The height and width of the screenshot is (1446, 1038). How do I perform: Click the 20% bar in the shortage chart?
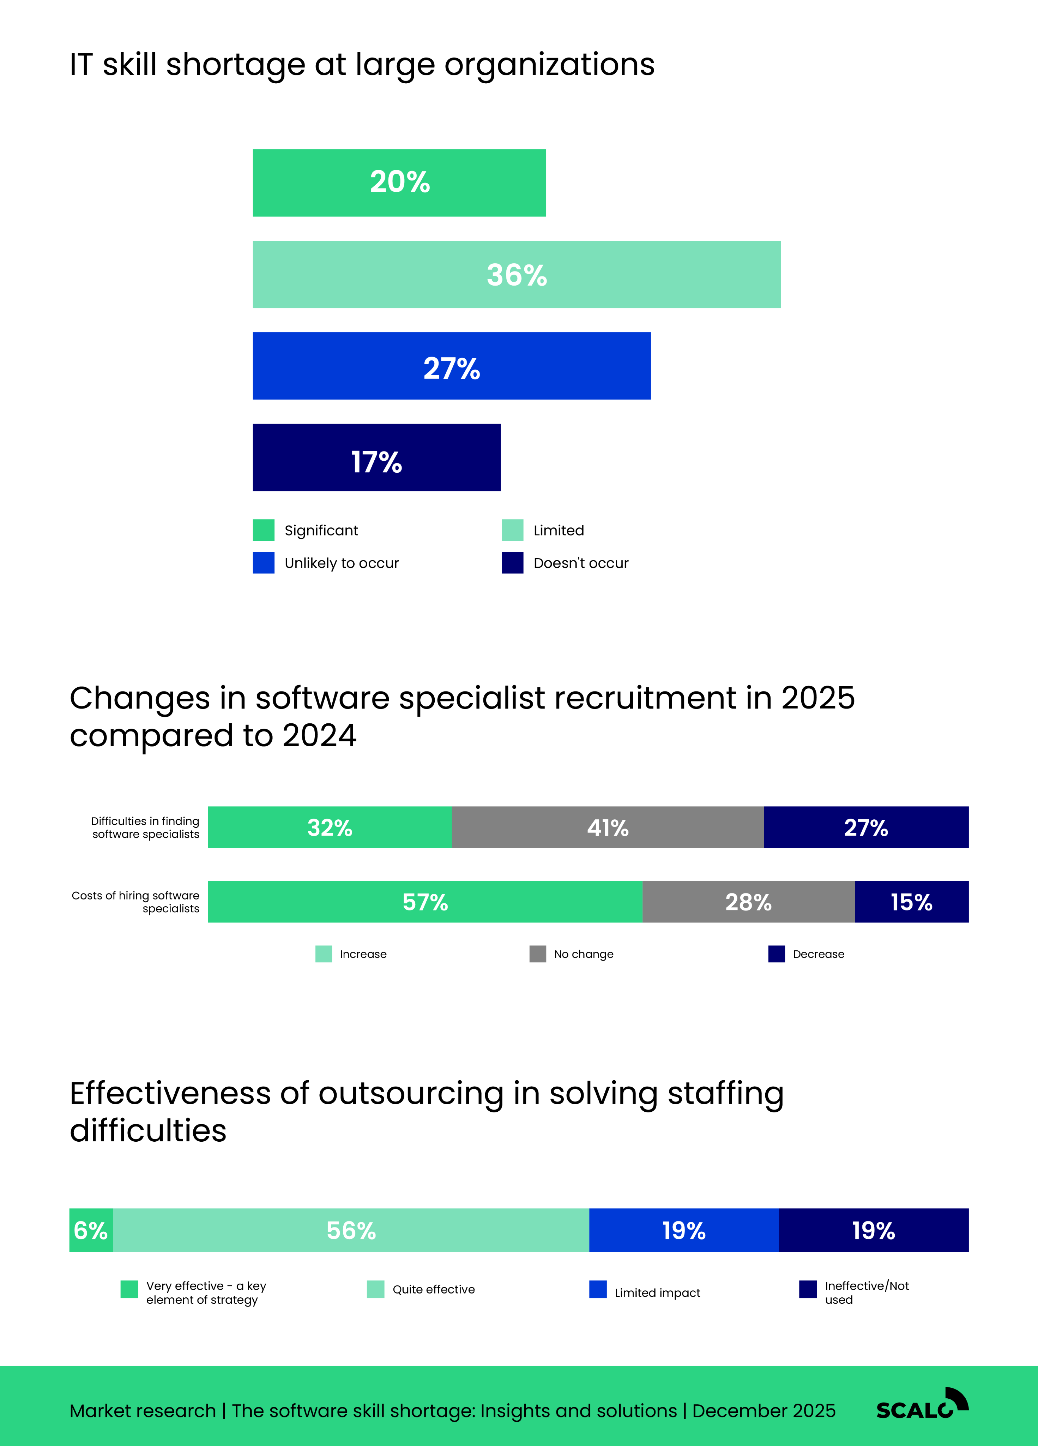[x=399, y=183]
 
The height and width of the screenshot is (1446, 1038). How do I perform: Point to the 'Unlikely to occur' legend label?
[x=342, y=563]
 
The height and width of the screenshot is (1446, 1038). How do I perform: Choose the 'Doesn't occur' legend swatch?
[x=512, y=563]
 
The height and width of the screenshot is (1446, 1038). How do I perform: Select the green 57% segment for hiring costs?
[x=425, y=902]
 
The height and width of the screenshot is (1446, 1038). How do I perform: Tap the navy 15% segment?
[x=911, y=902]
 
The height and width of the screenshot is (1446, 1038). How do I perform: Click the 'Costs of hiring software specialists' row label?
[x=136, y=902]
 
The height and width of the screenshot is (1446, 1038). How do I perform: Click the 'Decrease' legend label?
[x=818, y=955]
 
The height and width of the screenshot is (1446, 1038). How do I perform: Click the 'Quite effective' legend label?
[x=433, y=1289]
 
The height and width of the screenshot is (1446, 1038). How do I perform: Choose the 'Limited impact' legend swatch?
[x=598, y=1289]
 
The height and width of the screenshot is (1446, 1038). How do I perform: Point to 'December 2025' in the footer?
[x=764, y=1411]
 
